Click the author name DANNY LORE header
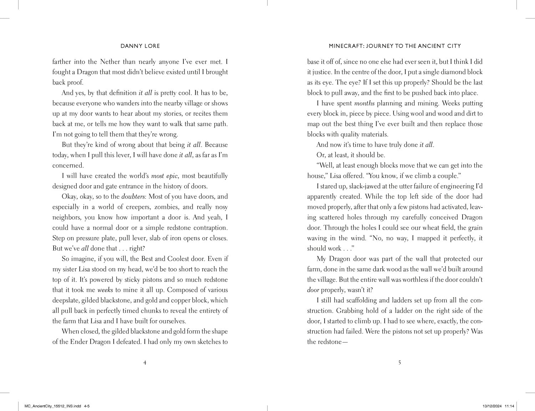point(140,46)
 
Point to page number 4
point(144,363)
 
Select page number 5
point(399,363)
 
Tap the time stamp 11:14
point(510,406)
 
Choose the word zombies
point(167,207)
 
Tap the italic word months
point(364,103)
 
